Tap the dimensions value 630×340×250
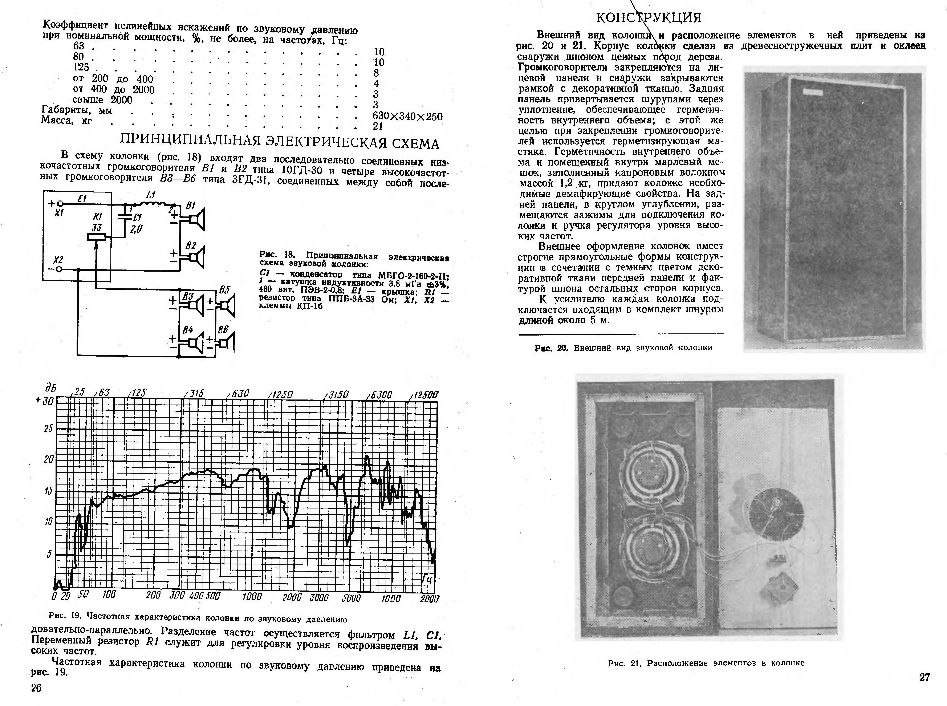tap(407, 116)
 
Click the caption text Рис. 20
tap(551, 347)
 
